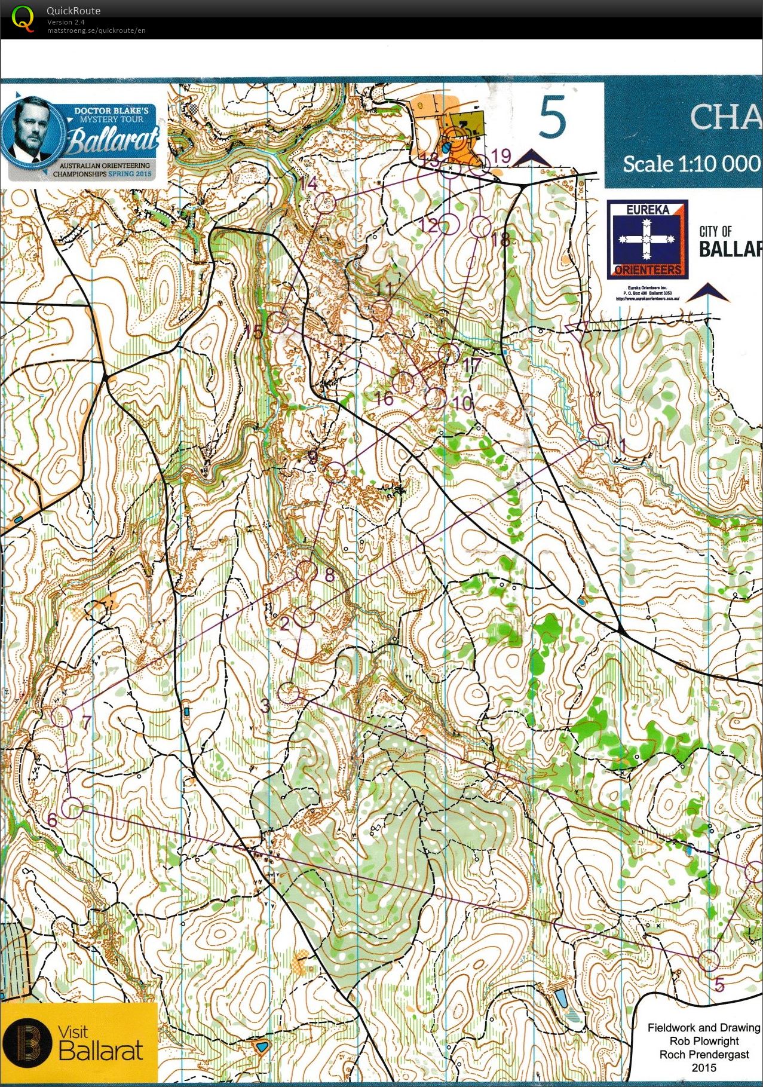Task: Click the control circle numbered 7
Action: click(61, 716)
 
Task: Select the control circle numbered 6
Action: click(72, 808)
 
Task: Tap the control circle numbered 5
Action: click(709, 960)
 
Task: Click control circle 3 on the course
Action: click(289, 693)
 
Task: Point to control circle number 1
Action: click(599, 434)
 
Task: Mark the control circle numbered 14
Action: click(324, 203)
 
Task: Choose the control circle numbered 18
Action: click(482, 227)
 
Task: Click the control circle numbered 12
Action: click(450, 225)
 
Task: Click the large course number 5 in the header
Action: click(551, 118)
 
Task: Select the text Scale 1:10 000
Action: click(691, 164)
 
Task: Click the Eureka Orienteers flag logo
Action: click(647, 239)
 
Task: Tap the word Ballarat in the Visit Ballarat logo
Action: click(101, 1051)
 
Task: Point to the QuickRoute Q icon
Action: click(23, 17)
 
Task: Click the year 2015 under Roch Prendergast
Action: click(703, 1067)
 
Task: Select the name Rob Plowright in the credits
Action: click(703, 1041)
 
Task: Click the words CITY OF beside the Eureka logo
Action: click(715, 231)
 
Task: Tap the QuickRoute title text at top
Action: click(73, 11)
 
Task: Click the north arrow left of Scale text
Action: click(531, 158)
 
